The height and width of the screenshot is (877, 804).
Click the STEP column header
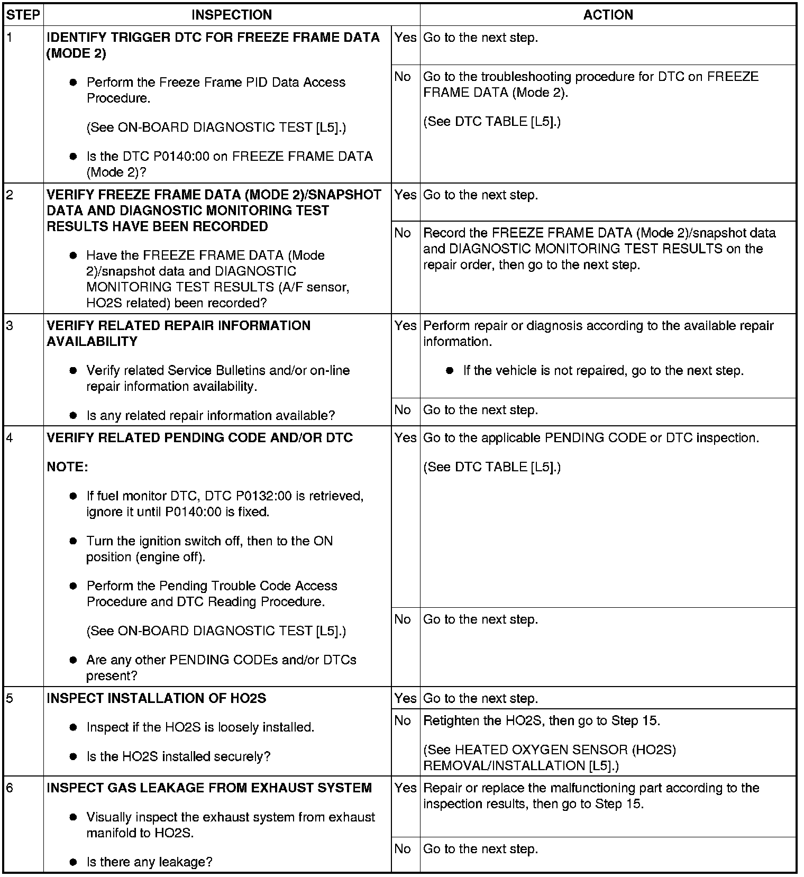[x=23, y=15]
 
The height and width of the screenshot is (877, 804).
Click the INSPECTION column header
[x=232, y=15]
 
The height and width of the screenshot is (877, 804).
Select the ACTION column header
[x=608, y=15]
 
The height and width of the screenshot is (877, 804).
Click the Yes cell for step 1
[x=405, y=38]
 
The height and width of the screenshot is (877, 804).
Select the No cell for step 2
[x=403, y=233]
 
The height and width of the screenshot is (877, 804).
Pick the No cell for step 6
[x=403, y=848]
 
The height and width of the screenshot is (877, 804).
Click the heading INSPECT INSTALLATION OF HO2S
[x=156, y=698]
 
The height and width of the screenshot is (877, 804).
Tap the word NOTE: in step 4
[x=67, y=467]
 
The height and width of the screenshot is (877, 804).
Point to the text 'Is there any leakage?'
[x=149, y=862]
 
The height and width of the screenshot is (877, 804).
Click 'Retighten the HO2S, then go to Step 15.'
[x=542, y=720]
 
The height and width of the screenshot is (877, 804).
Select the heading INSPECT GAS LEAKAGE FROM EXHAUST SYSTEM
[x=209, y=788]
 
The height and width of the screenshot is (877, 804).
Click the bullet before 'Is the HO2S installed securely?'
[x=74, y=757]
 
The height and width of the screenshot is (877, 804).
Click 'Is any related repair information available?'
[x=211, y=416]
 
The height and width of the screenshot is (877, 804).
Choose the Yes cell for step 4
[x=405, y=438]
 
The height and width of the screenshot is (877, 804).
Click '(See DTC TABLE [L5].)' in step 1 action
[x=492, y=122]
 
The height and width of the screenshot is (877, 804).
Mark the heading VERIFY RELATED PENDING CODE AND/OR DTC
[x=199, y=438]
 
